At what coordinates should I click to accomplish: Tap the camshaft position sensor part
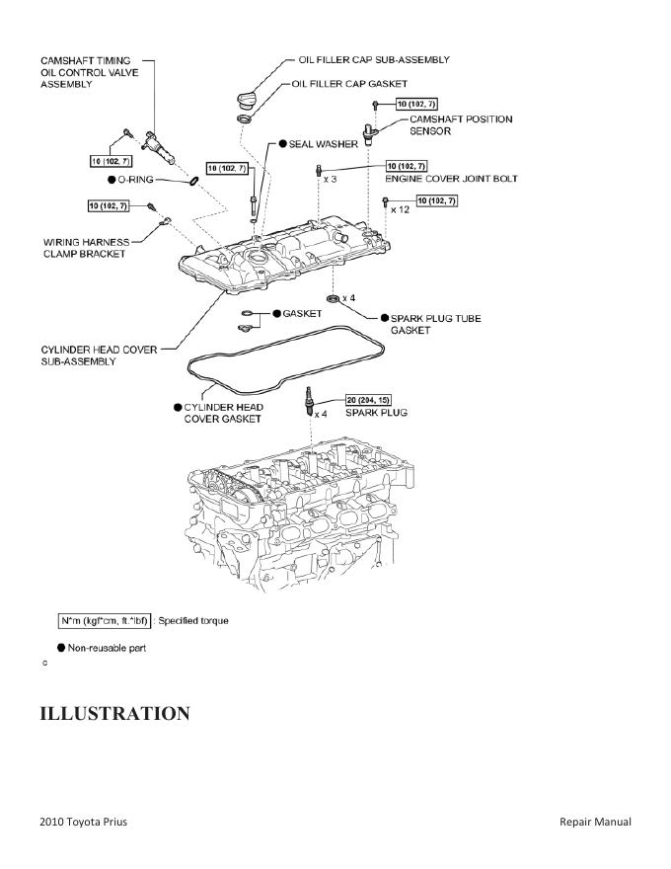coord(371,132)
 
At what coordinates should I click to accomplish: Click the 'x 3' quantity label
coord(330,179)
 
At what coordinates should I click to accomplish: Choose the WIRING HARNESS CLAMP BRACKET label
coord(84,247)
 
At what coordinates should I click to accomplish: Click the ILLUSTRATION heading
coord(114,713)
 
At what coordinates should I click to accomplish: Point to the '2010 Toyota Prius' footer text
coord(83,822)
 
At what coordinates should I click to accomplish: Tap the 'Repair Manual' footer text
coord(594,822)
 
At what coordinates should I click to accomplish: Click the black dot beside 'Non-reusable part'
coord(61,648)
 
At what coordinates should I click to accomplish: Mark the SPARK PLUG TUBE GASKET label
coord(435,325)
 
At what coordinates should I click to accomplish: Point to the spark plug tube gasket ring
coord(333,297)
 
